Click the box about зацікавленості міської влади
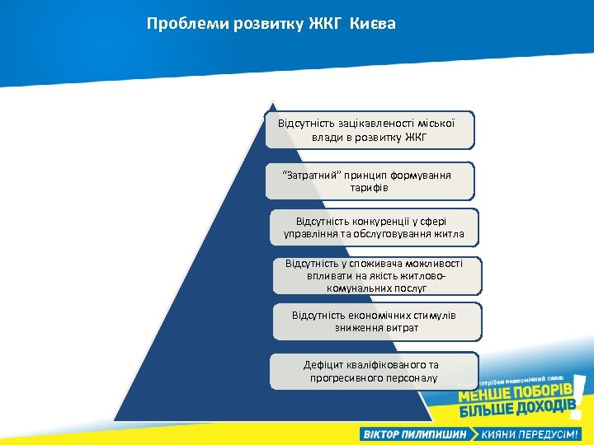[x=369, y=129]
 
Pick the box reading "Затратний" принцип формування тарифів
[x=369, y=180]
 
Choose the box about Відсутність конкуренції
[x=374, y=227]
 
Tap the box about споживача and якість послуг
[x=376, y=276]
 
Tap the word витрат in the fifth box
[x=399, y=328]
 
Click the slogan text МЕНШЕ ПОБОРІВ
[x=514, y=395]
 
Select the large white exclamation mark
[x=579, y=397]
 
